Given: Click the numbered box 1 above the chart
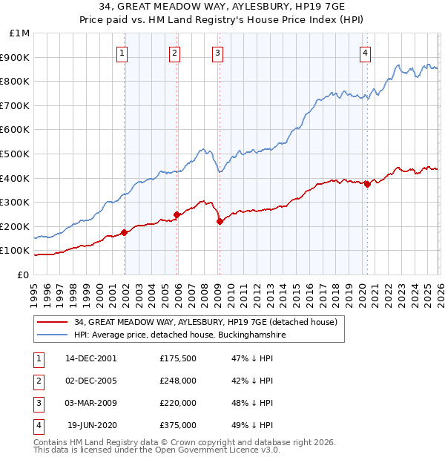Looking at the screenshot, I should pyautogui.click(x=122, y=53).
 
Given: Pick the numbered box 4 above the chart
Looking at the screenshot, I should pyautogui.click(x=366, y=53).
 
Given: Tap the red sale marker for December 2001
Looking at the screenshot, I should pyautogui.click(x=125, y=232).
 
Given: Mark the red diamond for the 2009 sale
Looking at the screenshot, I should pyautogui.click(x=220, y=221).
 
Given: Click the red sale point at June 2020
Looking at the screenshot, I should pyautogui.click(x=367, y=184).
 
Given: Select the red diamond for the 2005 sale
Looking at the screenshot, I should pyautogui.click(x=177, y=214).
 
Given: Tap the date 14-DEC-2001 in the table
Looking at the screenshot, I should pyautogui.click(x=91, y=358).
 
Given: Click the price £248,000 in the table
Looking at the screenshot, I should pyautogui.click(x=178, y=381).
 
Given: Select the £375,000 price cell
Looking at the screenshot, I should pyautogui.click(x=178, y=425).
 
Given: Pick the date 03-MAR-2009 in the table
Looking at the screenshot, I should pyautogui.click(x=91, y=403).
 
